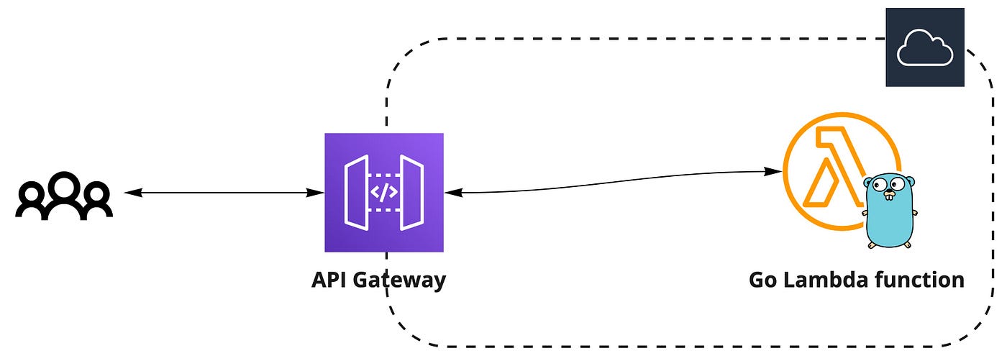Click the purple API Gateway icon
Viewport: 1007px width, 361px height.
click(x=383, y=193)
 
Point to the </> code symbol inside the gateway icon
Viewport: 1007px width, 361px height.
click(x=383, y=193)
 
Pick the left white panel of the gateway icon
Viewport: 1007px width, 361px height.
click(x=356, y=193)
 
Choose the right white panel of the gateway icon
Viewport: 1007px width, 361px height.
click(x=411, y=193)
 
